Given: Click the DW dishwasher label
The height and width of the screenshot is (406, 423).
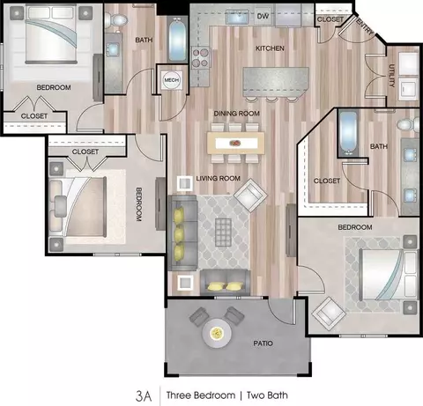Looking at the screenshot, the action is [263, 16].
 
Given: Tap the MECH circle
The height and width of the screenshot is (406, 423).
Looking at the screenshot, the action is [172, 80].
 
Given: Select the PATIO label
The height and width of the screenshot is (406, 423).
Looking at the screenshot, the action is [263, 343].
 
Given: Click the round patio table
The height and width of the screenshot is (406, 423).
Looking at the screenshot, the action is [217, 333].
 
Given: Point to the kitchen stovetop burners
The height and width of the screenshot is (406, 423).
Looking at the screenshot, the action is [201, 57].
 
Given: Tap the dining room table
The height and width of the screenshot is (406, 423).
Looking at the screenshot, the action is [235, 144].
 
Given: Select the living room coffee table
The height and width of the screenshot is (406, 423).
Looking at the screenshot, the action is [223, 233].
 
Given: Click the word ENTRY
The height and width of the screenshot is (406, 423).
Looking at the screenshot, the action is [365, 26].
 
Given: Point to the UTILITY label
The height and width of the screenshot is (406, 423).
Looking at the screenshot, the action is [391, 76].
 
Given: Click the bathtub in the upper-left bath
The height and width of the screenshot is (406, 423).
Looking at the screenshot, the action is [177, 40].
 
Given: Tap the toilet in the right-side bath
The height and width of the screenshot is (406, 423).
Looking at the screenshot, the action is [408, 124].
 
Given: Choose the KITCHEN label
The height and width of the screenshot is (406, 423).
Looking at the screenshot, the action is [270, 48].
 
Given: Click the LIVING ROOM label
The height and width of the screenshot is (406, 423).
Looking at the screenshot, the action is [218, 178].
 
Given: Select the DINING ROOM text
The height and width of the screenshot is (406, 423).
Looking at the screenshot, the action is [236, 114].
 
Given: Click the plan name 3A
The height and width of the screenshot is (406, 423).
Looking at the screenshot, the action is [144, 396].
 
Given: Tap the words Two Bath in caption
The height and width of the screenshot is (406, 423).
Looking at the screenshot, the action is [267, 395].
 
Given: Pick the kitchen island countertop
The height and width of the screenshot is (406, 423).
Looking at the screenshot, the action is [276, 82].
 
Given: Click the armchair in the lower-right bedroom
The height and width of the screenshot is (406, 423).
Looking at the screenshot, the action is [329, 314].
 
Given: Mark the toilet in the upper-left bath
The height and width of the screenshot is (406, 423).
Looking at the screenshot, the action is [115, 20].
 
